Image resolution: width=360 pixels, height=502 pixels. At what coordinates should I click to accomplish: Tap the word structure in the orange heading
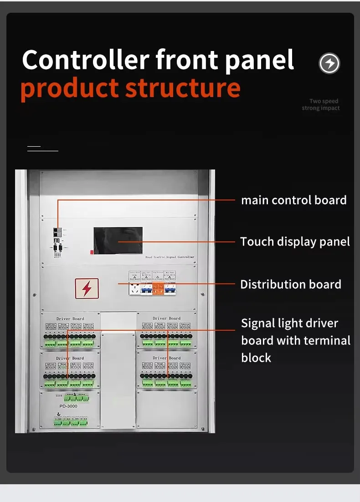click(183, 88)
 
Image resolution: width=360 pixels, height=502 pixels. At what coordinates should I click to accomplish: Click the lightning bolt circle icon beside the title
click(329, 63)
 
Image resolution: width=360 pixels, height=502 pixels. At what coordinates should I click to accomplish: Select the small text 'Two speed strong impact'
click(321, 105)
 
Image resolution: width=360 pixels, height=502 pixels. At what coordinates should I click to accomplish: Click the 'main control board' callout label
click(293, 200)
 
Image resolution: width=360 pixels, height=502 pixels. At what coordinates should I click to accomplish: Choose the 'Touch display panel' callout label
click(295, 241)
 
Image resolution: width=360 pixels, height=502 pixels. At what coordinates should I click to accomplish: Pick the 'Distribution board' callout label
click(291, 285)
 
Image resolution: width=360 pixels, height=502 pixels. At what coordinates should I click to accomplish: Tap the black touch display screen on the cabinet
click(118, 240)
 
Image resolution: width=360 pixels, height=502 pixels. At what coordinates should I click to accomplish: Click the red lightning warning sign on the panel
click(87, 288)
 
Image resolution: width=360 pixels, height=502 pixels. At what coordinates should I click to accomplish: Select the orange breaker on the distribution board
click(158, 288)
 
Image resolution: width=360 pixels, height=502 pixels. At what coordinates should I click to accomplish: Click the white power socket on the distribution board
click(134, 289)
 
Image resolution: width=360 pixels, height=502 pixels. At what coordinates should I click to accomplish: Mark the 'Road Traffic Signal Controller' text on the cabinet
click(170, 257)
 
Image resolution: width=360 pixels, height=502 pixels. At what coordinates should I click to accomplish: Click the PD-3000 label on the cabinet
click(68, 406)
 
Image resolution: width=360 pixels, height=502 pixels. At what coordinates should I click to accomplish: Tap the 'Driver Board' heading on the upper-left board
click(70, 318)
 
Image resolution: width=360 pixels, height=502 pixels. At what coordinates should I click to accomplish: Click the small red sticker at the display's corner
click(92, 251)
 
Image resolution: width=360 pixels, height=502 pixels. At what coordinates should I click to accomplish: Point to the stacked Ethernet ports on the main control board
click(56, 232)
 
